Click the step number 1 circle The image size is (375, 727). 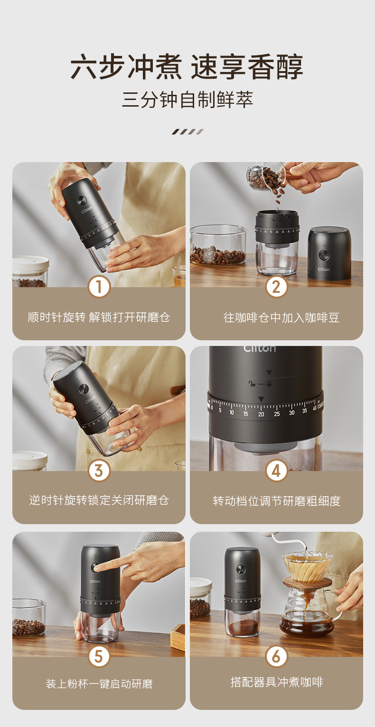pos(99,287)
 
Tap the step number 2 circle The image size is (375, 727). pos(276,287)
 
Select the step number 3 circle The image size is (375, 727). pos(99,471)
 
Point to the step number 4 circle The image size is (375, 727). pos(276,471)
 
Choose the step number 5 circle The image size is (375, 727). pos(99,656)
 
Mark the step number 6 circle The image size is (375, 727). pos(276,656)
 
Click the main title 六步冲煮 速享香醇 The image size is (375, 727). pos(187,67)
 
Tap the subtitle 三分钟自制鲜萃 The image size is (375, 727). pos(187,100)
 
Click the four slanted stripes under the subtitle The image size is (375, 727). pos(187,131)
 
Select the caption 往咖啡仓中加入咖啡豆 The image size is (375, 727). pos(281,318)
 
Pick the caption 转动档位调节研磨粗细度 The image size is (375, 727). pos(277,501)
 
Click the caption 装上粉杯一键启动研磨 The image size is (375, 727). pos(99,684)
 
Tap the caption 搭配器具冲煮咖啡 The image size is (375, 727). pos(277,682)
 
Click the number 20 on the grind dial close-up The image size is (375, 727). pos(261,414)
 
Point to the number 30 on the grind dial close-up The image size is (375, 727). pos(291,413)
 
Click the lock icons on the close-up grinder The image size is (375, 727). pos(260,384)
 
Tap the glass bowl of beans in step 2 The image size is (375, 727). pos(218,245)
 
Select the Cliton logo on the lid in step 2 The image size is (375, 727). pos(324,269)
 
